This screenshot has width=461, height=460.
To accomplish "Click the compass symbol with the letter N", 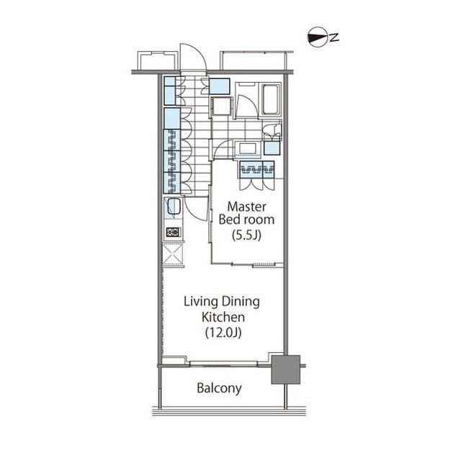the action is pos(323,37).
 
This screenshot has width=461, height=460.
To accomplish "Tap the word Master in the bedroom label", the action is pos(246,207).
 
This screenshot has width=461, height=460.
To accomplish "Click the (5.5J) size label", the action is pos(246,235).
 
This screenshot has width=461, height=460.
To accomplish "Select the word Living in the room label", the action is pos(201,302).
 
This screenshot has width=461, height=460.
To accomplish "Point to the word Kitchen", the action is pos(223,317).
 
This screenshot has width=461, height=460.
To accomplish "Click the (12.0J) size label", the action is pos(223,333).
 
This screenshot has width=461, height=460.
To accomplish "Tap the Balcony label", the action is pos(219,388).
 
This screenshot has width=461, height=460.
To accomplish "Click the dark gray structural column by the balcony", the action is pos(285,369).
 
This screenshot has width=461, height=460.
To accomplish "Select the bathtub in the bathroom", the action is pos(271,99).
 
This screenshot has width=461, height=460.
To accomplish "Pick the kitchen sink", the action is pos(174,207).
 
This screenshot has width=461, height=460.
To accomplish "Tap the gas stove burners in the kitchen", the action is pos(173,233).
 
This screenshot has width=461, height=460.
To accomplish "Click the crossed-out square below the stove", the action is pos(173,254).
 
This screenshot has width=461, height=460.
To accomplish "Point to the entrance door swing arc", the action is pos(193,56).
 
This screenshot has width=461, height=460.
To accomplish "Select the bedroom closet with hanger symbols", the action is pos(257,169).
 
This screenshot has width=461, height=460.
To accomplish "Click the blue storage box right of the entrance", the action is pos(219,86).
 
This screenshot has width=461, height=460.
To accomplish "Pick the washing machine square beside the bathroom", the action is pos(222,107).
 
